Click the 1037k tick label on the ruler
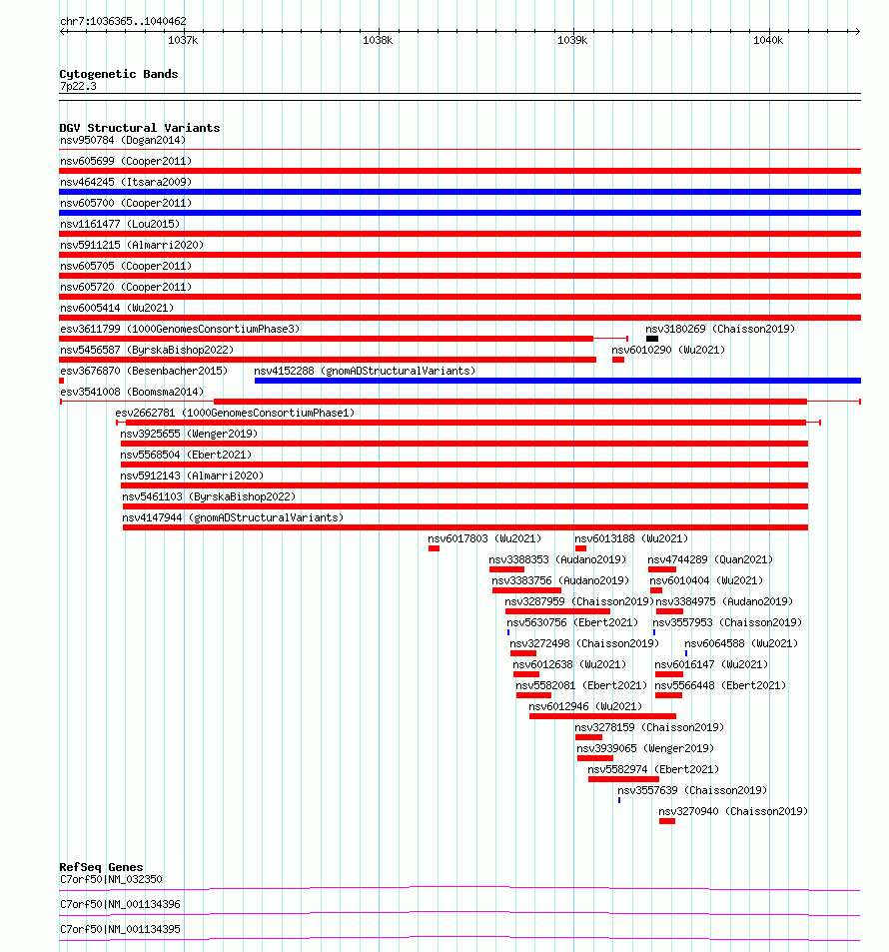coord(183,40)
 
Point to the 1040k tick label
coord(768,40)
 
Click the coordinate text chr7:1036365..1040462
coord(123,21)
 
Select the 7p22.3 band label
coord(78,86)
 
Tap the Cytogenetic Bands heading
coord(119,74)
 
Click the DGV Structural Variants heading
coord(140,128)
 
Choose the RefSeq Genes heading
coord(102,867)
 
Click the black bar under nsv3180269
coord(652,339)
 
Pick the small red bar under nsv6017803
coord(434,548)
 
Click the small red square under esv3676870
coord(61,381)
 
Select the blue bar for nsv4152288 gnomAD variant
coord(557,381)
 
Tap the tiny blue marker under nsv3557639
coord(619,800)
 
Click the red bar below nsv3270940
coord(667,821)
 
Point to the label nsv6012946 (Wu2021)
coord(585,706)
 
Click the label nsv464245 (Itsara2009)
coord(126,182)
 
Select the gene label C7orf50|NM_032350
coord(111,880)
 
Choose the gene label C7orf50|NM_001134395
coord(120,930)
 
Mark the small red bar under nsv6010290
coord(618,360)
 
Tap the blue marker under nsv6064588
coord(686,653)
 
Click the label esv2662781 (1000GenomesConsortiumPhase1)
coord(235,413)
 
